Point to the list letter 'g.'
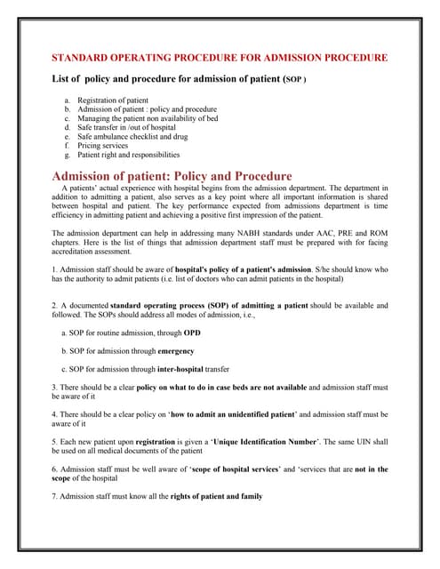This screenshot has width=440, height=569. [x=68, y=154]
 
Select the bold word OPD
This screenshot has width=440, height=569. [x=192, y=333]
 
